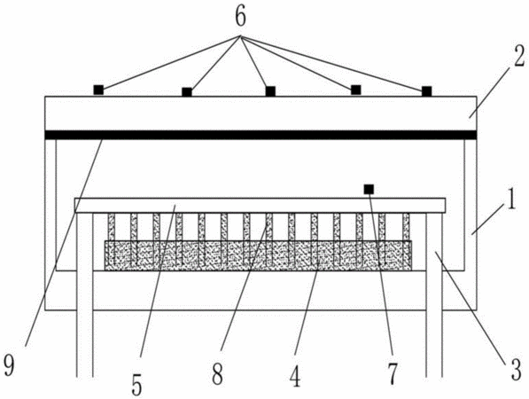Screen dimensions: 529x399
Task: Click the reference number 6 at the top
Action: click(240, 17)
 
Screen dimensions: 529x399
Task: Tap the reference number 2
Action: click(519, 56)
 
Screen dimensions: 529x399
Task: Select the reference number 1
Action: click(512, 200)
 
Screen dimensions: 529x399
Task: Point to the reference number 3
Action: click(515, 371)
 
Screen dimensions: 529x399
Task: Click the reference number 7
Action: click(393, 373)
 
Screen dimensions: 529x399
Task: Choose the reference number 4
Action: click(295, 376)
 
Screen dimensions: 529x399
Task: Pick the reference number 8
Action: click(217, 374)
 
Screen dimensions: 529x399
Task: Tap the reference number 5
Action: click(136, 385)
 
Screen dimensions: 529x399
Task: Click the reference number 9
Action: click(9, 365)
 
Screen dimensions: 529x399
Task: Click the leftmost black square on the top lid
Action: click(98, 90)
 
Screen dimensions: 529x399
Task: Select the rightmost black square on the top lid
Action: click(427, 91)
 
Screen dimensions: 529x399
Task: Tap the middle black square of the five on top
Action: click(270, 91)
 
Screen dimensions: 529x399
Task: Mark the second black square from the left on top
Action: click(187, 92)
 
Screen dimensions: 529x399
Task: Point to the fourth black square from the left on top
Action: click(356, 90)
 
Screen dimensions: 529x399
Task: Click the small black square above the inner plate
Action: click(369, 189)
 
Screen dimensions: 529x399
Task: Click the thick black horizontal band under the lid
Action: click(261, 135)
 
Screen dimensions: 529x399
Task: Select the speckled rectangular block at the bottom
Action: click(258, 255)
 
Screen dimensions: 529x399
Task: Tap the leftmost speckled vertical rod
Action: click(112, 239)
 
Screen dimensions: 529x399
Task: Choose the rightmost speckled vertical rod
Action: click(406, 239)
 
